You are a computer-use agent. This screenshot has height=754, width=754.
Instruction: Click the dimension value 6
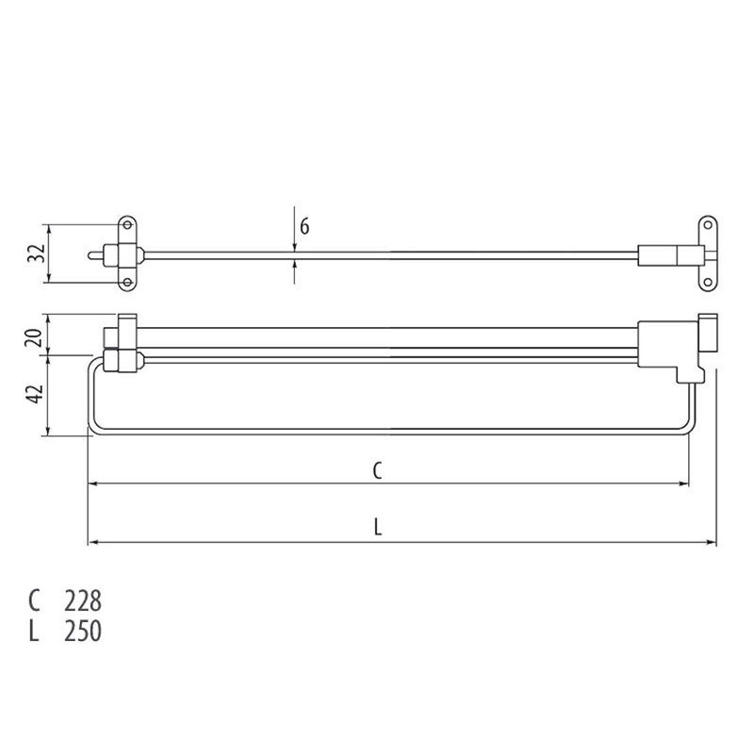click(x=304, y=227)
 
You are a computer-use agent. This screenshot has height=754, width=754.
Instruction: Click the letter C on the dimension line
click(x=376, y=471)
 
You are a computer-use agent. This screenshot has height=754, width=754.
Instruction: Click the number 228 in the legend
click(x=82, y=600)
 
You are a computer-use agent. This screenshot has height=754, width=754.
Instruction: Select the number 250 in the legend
click(x=82, y=631)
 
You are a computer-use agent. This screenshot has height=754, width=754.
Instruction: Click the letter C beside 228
click(x=35, y=600)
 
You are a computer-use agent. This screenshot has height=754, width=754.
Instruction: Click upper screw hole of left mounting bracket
click(x=126, y=224)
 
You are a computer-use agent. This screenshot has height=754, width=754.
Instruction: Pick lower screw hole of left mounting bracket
click(x=126, y=282)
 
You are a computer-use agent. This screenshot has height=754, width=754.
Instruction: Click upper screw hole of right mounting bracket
click(x=705, y=224)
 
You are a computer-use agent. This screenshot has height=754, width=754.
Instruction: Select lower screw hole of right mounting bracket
click(x=705, y=281)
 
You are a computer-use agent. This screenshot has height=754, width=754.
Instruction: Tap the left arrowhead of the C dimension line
click(x=92, y=484)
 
